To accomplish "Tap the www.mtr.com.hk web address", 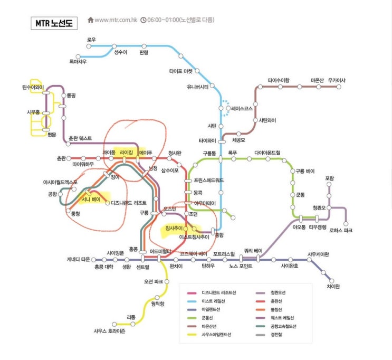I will point(114,21).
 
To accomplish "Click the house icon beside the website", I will point(90,21).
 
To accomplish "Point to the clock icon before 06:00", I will point(143,21).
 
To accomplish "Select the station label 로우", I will point(92,40).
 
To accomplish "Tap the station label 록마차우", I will point(78,62).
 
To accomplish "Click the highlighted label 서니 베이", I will point(90,200).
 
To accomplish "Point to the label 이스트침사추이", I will point(194,238).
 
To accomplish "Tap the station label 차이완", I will point(333,286).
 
